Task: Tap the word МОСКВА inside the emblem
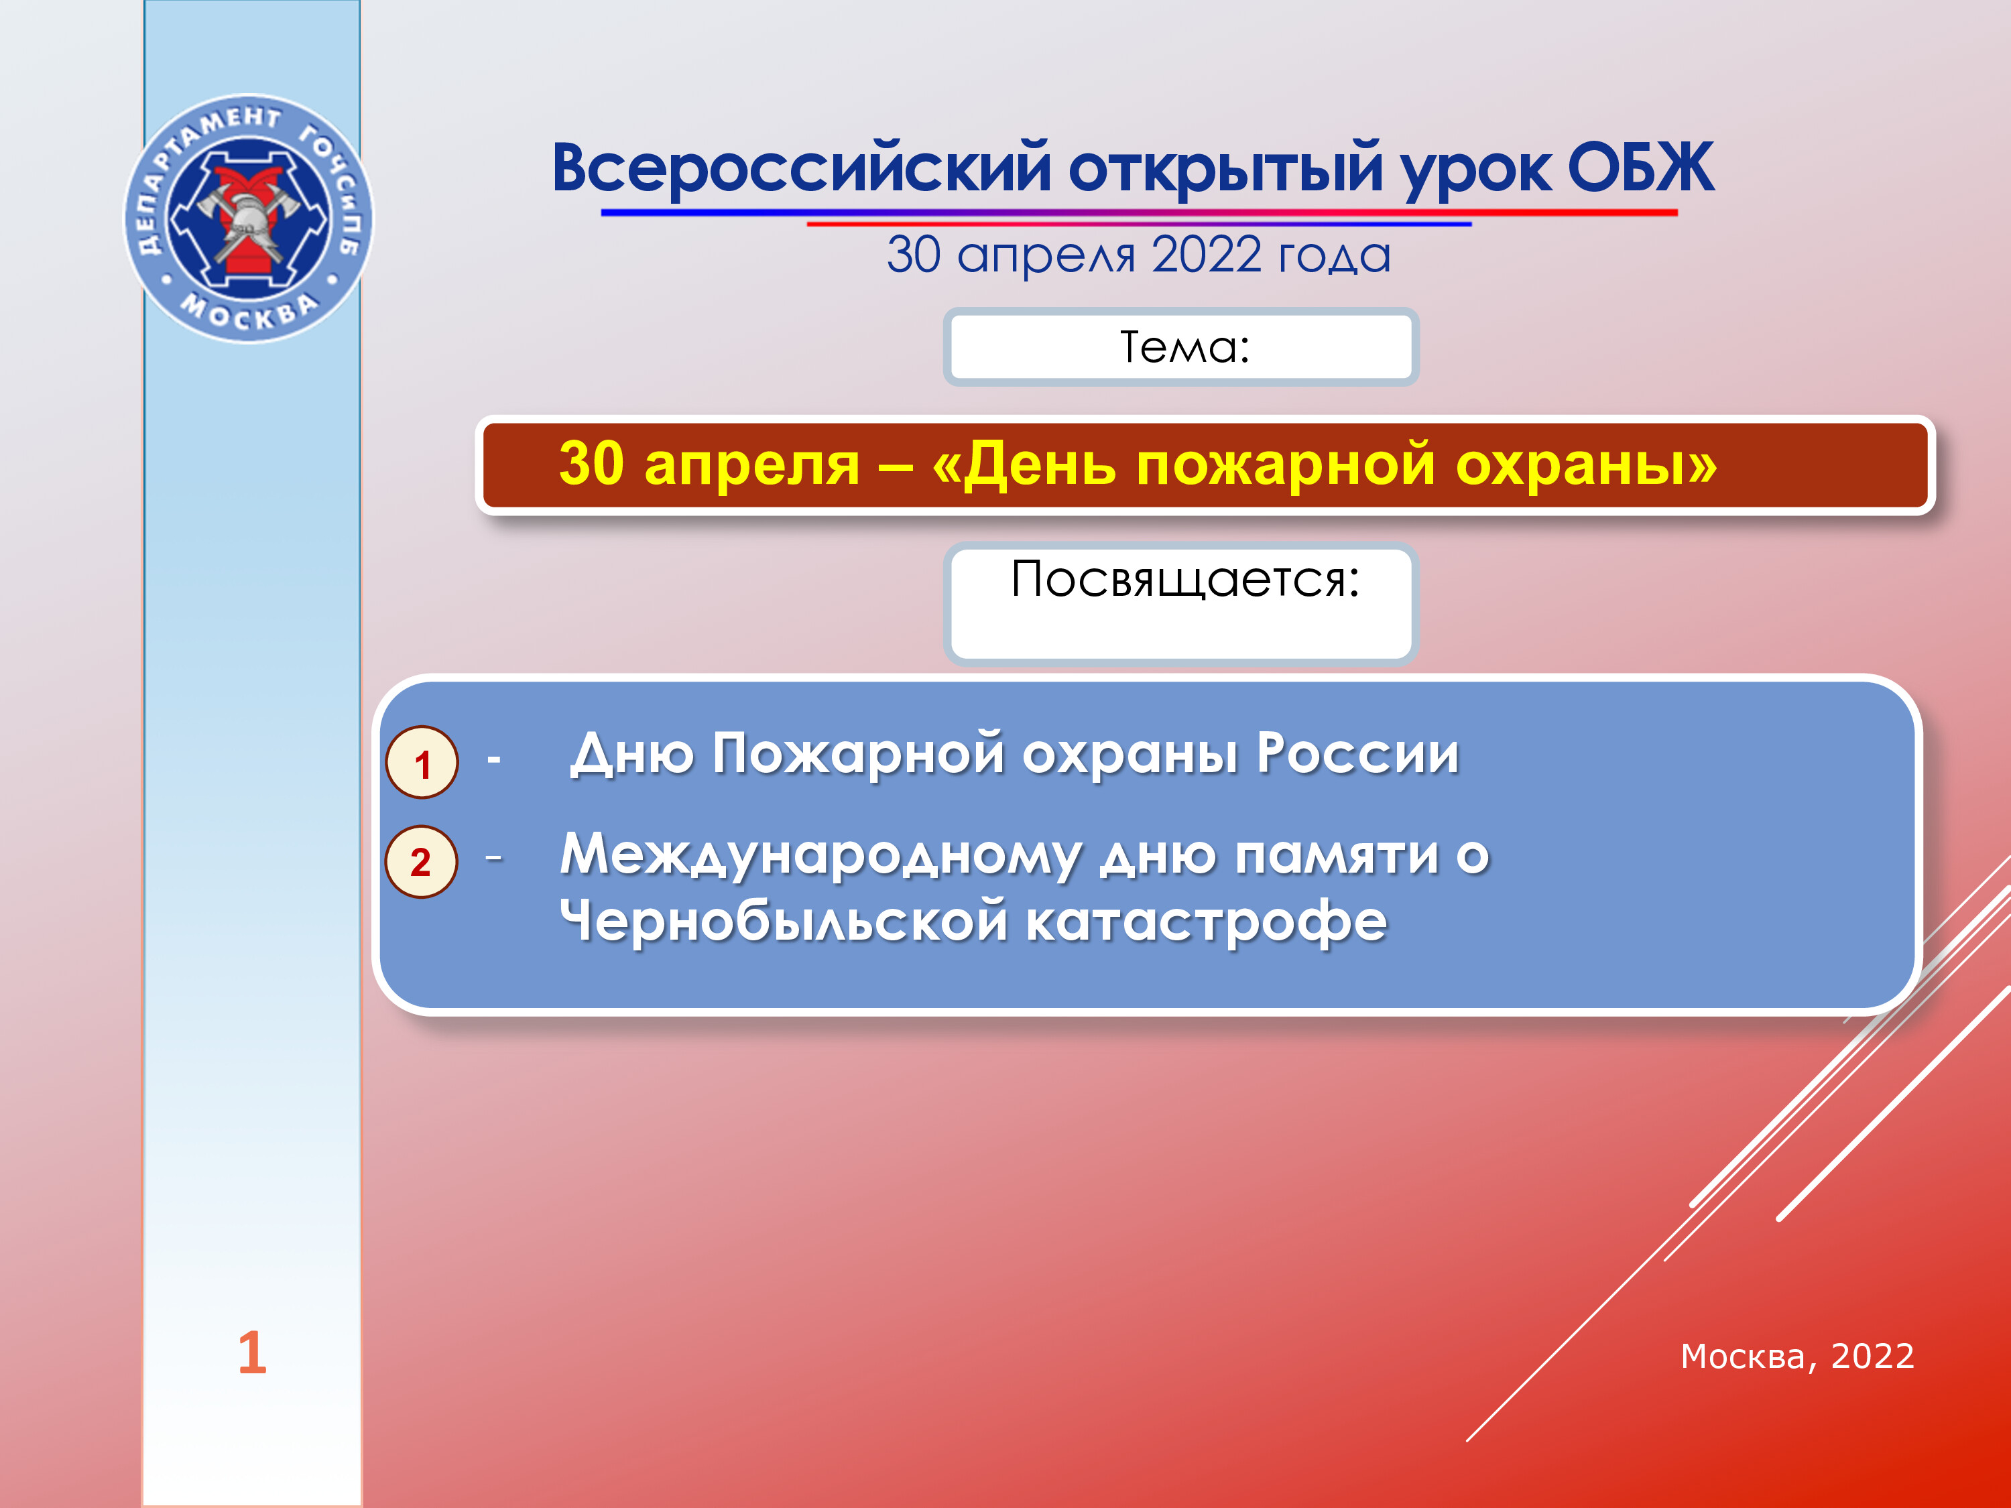(x=249, y=312)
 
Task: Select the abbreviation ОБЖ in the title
(x=1640, y=168)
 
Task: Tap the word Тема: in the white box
(x=1184, y=347)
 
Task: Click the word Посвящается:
(x=1186, y=580)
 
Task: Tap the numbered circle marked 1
(x=422, y=763)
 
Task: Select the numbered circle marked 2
(x=421, y=862)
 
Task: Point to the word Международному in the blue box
(x=821, y=857)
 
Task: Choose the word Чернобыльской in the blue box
(x=784, y=921)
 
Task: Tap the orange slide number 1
(x=252, y=1353)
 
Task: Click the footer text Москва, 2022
(x=1797, y=1357)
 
